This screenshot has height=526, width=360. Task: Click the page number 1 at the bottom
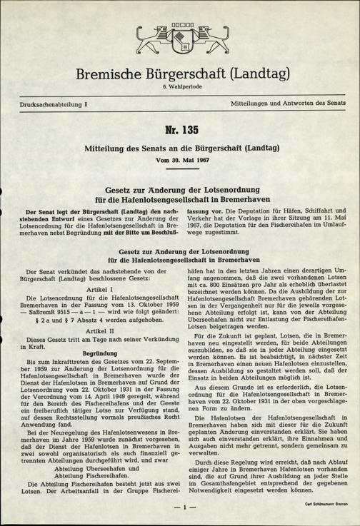(x=181, y=507)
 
